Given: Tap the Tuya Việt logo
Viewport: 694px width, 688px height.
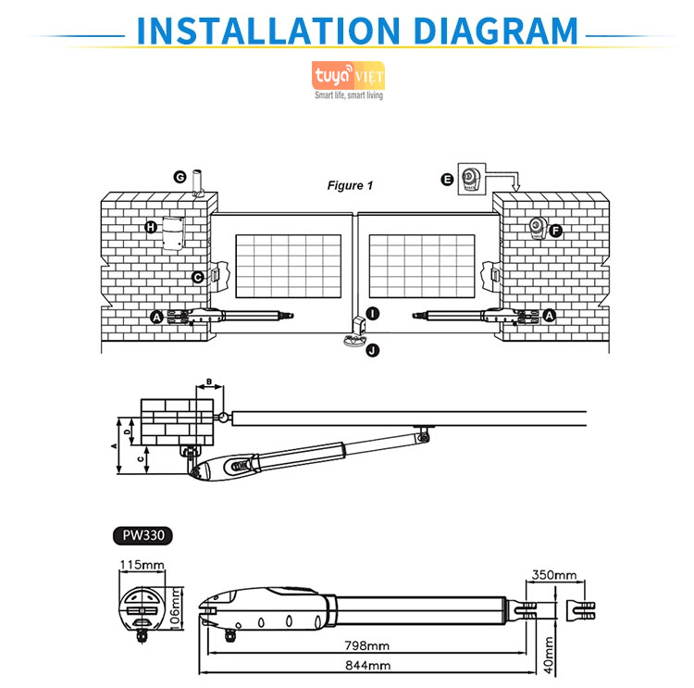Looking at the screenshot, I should click(x=348, y=75).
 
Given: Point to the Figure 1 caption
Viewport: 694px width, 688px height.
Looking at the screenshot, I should click(x=351, y=185).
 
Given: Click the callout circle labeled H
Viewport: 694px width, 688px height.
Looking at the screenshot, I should click(x=151, y=227).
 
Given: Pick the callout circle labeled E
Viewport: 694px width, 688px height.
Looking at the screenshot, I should click(x=448, y=180).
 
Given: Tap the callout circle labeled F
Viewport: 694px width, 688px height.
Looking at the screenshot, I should click(x=555, y=231).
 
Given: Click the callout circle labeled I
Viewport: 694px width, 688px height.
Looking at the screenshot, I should click(x=371, y=314).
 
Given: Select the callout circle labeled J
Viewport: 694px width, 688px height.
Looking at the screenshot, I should click(x=371, y=349).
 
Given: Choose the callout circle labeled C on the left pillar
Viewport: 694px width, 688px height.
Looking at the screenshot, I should click(x=197, y=277).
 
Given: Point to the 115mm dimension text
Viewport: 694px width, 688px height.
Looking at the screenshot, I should click(x=142, y=564).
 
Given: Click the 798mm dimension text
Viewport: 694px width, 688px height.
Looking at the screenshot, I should click(x=353, y=644).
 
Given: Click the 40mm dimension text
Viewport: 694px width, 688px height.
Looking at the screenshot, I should click(x=548, y=653).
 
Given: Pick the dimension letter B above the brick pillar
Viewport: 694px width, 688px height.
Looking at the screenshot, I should click(x=209, y=382).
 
